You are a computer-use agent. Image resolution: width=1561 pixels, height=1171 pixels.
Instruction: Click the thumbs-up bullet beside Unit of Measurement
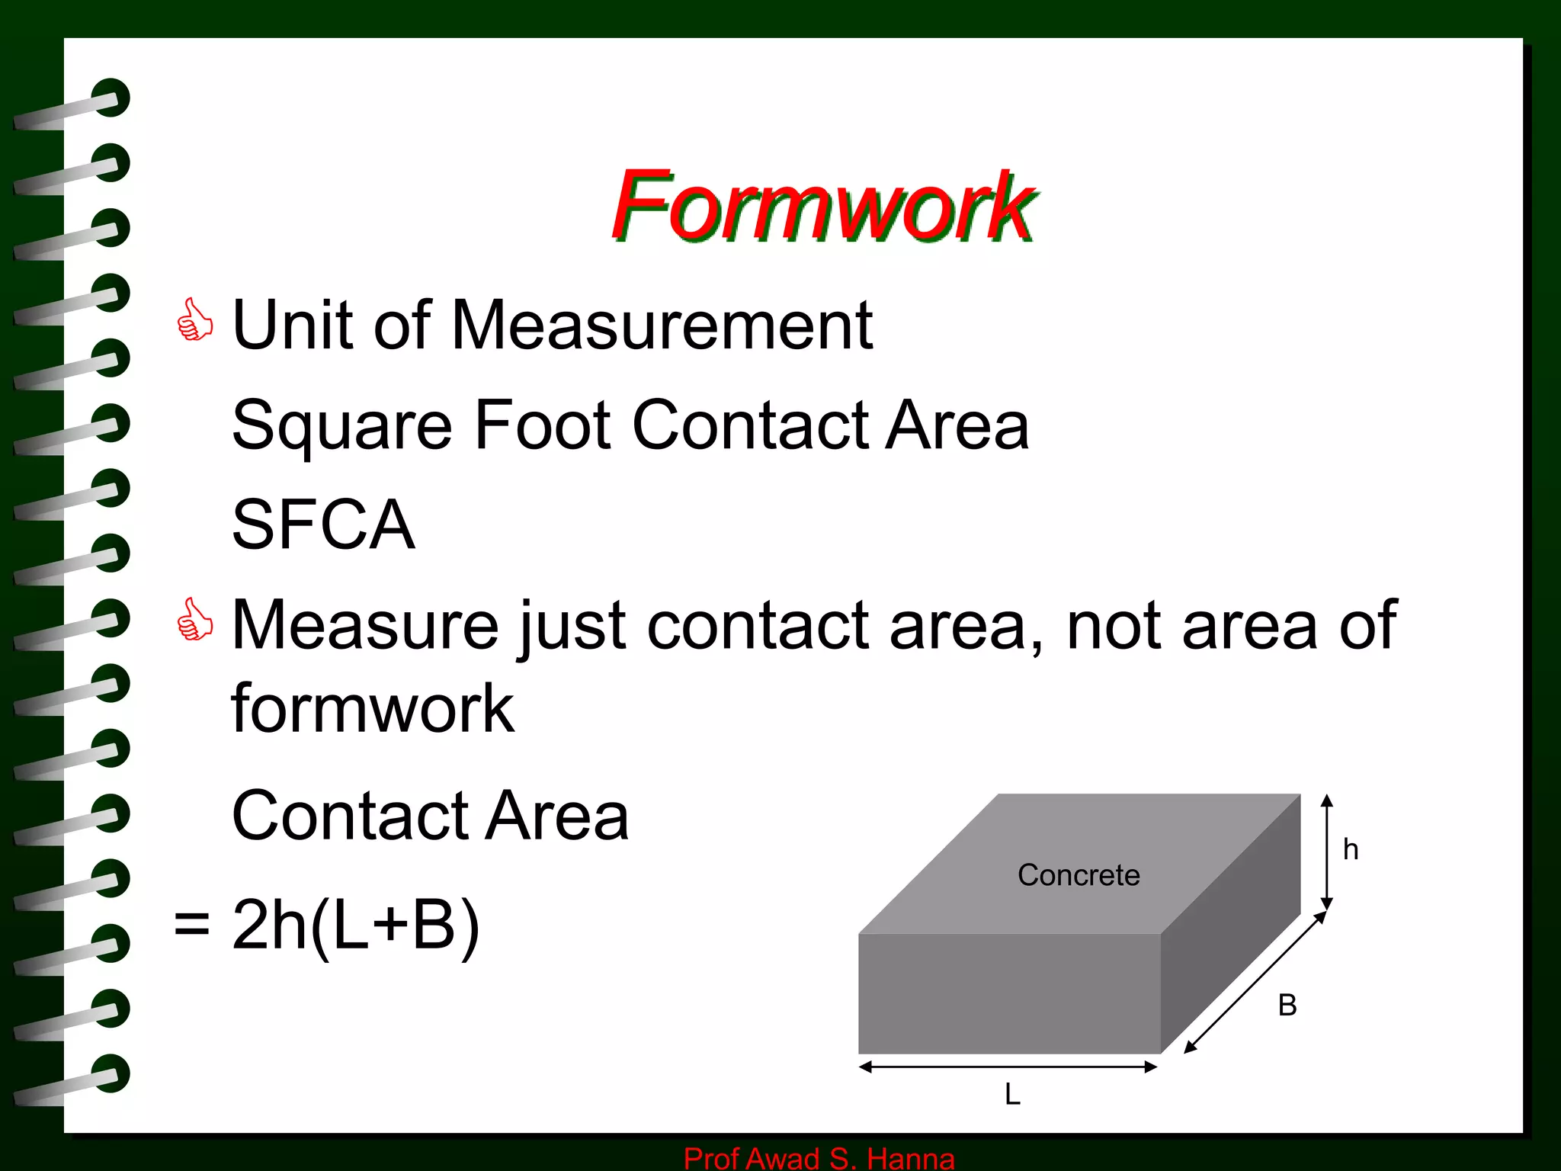pos(194,320)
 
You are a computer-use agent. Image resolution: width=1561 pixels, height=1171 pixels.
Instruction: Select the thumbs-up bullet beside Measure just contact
pos(194,619)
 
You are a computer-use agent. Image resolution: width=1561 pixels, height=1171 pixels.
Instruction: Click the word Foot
pos(542,425)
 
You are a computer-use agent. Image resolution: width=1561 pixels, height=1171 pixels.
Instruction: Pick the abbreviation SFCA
pos(323,525)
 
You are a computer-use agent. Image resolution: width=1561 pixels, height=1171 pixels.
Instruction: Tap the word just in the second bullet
pos(574,627)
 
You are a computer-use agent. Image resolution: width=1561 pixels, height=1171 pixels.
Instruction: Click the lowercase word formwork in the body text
pos(372,709)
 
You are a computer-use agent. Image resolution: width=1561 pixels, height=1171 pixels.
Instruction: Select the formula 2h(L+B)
pos(356,925)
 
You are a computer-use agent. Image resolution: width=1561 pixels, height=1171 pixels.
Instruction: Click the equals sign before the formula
pos(191,925)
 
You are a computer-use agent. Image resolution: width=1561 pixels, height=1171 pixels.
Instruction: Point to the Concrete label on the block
pos(1079,875)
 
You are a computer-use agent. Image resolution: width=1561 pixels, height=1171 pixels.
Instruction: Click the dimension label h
pos(1351,849)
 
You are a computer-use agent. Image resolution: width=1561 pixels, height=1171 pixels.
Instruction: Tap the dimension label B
pos(1287,1006)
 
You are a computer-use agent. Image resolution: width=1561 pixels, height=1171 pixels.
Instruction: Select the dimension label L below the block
pos(1012,1095)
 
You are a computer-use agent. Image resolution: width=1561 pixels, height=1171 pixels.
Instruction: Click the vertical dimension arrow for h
pos(1327,852)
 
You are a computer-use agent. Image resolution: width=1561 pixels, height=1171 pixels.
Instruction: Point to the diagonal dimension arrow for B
pos(1255,983)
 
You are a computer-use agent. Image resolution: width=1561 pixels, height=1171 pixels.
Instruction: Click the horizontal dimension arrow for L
pos(1008,1067)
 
